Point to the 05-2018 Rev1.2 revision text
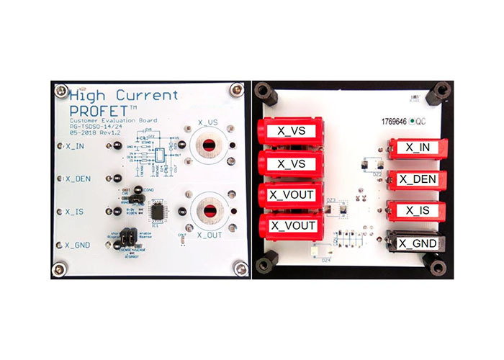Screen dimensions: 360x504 pyautogui.click(x=94, y=134)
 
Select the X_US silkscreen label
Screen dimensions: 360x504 pyautogui.click(x=209, y=122)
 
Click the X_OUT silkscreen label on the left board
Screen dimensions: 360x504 pyautogui.click(x=209, y=235)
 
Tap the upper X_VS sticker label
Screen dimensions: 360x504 pyautogui.click(x=289, y=131)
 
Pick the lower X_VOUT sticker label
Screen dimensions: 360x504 pyautogui.click(x=292, y=226)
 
